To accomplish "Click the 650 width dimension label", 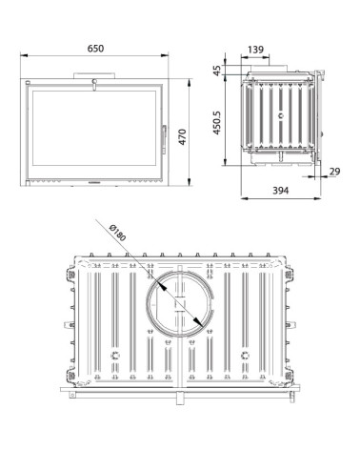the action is pos(95,49).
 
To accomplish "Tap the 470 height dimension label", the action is pos(182,136).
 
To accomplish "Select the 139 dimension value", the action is pos(255,50).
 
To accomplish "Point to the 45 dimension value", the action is pos(216,71).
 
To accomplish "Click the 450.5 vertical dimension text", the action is pos(216,122).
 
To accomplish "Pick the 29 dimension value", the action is pos(334,172).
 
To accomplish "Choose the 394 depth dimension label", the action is pos(281,191).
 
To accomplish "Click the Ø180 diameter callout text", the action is pos(117,233).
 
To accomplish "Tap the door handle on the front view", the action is pos(164,139).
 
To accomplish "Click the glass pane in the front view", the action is pos(94,128).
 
